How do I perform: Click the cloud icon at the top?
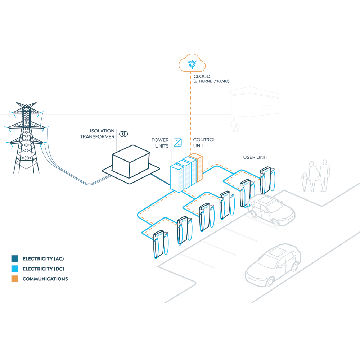pyautogui.click(x=192, y=64)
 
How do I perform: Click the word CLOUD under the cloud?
pyautogui.click(x=202, y=77)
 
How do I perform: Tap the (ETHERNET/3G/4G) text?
pyautogui.click(x=211, y=82)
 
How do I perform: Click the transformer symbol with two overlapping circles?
pyautogui.click(x=123, y=134)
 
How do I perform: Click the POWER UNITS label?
pyautogui.click(x=160, y=143)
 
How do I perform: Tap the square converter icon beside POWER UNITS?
pyautogui.click(x=177, y=142)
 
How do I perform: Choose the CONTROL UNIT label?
pyautogui.click(x=204, y=143)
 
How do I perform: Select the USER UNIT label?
pyautogui.click(x=256, y=157)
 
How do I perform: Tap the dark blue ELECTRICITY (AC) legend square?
pyautogui.click(x=14, y=258)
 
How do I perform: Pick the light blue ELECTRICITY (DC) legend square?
pyautogui.click(x=14, y=269)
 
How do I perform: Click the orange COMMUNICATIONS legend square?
pyautogui.click(x=14, y=279)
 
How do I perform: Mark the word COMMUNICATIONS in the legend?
pyautogui.click(x=45, y=279)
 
